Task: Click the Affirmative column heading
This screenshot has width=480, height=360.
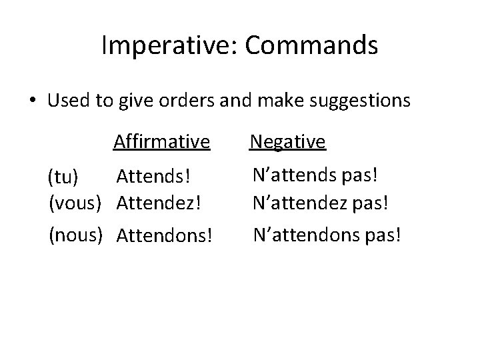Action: click(162, 141)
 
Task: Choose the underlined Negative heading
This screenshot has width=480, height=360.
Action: click(287, 141)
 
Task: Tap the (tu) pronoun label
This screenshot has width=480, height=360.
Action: click(63, 178)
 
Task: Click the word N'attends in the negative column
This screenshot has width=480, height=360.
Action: click(295, 176)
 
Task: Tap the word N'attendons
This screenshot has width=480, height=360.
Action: click(305, 234)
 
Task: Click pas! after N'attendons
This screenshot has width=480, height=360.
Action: click(383, 235)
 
